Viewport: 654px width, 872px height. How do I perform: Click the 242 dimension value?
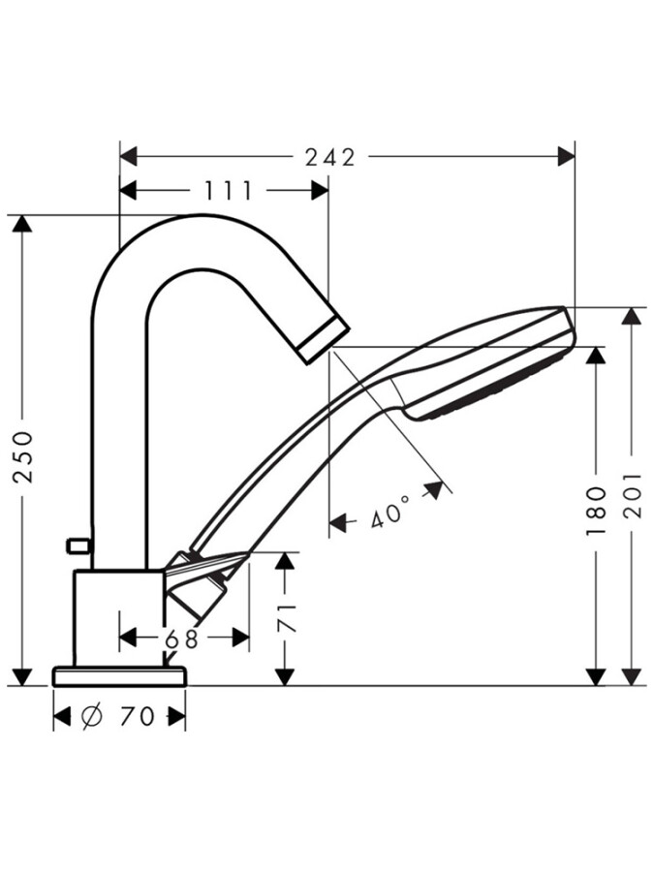pyautogui.click(x=330, y=157)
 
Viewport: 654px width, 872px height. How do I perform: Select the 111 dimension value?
pyautogui.click(x=229, y=191)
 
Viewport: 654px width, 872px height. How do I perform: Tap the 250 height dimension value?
pyautogui.click(x=22, y=455)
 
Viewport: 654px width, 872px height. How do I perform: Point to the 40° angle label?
pyautogui.click(x=390, y=514)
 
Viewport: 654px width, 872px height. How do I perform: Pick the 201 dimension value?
pyautogui.click(x=633, y=494)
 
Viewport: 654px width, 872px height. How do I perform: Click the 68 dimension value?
pyautogui.click(x=182, y=638)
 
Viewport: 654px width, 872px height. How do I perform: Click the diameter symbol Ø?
pyautogui.click(x=93, y=717)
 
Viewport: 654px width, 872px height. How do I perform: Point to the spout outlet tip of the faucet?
pyautogui.click(x=324, y=341)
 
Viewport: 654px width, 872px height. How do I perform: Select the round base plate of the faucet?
pyautogui.click(x=118, y=675)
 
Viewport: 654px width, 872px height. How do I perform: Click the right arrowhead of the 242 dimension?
pyautogui.click(x=565, y=157)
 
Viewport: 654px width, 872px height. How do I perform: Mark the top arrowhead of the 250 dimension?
pyautogui.click(x=22, y=224)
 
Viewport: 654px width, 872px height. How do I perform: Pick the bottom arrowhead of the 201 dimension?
pyautogui.click(x=633, y=675)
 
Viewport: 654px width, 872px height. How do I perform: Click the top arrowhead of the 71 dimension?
pyautogui.click(x=284, y=562)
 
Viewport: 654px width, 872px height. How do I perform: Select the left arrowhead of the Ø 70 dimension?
pyautogui.click(x=62, y=717)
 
